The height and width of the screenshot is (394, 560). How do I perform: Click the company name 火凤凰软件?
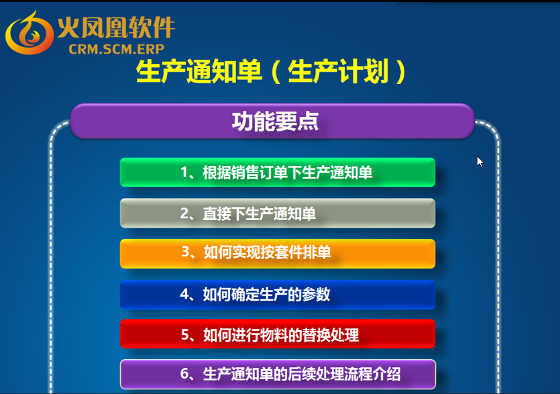click(x=116, y=27)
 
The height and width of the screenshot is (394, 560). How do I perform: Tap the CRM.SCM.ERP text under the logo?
click(x=117, y=49)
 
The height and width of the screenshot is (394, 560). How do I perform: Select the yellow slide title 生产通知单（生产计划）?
click(x=271, y=72)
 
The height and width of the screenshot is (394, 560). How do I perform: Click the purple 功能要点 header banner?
click(x=272, y=121)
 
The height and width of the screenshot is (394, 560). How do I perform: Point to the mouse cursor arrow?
click(x=480, y=162)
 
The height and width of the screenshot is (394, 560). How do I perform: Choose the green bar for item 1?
click(x=278, y=173)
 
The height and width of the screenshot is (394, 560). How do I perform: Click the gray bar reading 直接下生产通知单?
click(x=278, y=213)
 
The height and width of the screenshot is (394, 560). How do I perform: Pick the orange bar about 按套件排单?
click(x=278, y=254)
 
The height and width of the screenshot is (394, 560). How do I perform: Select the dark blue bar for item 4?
click(x=278, y=295)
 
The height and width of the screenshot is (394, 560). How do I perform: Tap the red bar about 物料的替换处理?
click(x=278, y=334)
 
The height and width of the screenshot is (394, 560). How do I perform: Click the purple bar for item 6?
click(x=278, y=374)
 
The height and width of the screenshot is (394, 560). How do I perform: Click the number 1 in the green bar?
click(x=184, y=173)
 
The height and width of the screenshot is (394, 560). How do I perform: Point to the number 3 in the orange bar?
click(x=186, y=252)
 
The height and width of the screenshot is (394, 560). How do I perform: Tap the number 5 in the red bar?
click(x=185, y=335)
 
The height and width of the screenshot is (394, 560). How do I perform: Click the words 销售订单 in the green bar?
click(x=245, y=173)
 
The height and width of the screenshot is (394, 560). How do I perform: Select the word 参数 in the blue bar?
click(x=316, y=295)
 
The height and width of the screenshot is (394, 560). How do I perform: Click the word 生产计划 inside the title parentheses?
click(x=338, y=72)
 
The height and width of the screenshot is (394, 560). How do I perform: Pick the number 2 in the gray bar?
click(x=184, y=213)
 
